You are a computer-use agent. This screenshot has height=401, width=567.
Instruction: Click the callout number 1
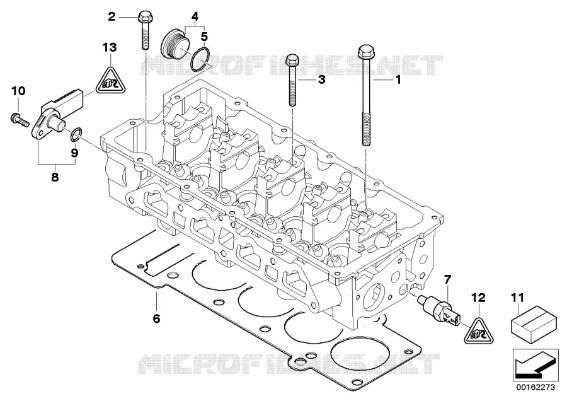coord(398,79)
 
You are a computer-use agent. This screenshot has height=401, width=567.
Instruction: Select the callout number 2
coord(112,16)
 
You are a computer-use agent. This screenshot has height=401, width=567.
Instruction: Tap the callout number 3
coord(321,79)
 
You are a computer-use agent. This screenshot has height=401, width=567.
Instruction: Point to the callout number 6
coord(156,318)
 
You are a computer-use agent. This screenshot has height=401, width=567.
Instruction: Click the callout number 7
coord(447,279)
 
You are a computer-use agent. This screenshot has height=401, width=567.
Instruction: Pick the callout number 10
coord(18,91)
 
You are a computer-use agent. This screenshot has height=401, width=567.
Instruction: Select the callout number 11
coord(517,298)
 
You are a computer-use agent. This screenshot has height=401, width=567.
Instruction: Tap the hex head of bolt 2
coord(143,16)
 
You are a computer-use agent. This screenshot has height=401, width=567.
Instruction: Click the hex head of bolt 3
coord(292,60)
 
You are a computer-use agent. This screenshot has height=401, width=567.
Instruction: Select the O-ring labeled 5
coord(200,59)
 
